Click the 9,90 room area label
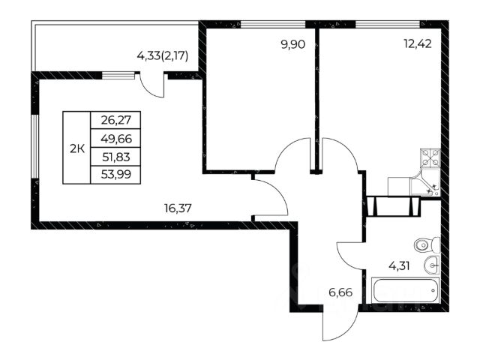pos(293,45)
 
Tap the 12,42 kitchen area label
pos(418,44)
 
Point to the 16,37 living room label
pos(178,208)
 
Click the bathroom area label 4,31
pos(399,265)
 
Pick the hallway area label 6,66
pos(340,292)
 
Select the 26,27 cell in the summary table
pos(115,120)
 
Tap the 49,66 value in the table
pos(115,138)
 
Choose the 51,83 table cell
pos(115,157)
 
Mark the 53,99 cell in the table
pos(115,175)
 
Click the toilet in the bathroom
pos(427,245)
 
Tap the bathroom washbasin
pos(432,265)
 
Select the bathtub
pos(405,290)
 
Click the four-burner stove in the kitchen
pos(430,158)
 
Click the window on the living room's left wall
pos(35,146)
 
